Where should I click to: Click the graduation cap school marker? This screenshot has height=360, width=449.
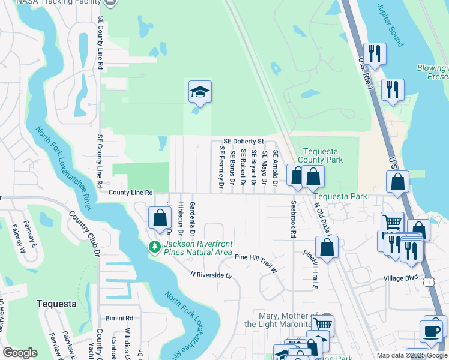(x=200, y=92)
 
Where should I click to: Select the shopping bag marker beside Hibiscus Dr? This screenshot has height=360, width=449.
(x=159, y=218)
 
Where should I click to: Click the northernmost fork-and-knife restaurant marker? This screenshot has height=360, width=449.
(x=375, y=54)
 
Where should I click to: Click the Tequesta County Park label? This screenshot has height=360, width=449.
(x=322, y=155)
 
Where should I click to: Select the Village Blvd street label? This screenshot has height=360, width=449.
(x=400, y=278)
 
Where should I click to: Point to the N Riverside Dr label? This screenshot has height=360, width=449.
(x=211, y=275)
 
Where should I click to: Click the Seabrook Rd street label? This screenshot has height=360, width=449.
(x=294, y=220)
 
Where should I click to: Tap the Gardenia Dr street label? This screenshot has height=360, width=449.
(x=193, y=218)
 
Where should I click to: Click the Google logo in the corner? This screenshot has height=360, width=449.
(x=20, y=353)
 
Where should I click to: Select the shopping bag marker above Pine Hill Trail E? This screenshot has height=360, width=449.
(x=327, y=247)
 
